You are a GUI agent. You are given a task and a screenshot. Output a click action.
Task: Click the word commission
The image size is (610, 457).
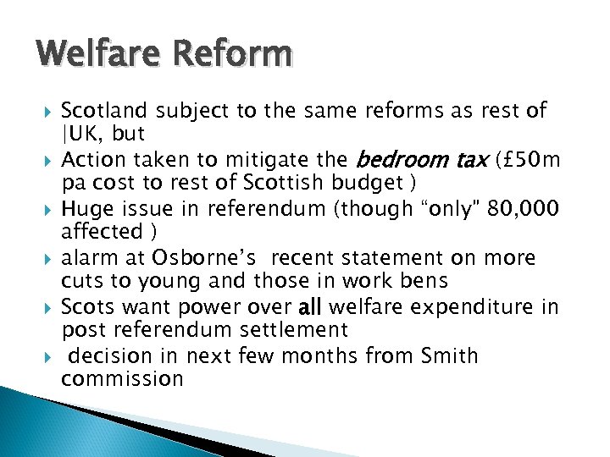122,378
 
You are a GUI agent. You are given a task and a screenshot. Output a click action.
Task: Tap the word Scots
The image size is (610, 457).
89,306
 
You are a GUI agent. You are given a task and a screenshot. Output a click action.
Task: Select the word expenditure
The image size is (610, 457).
474,306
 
